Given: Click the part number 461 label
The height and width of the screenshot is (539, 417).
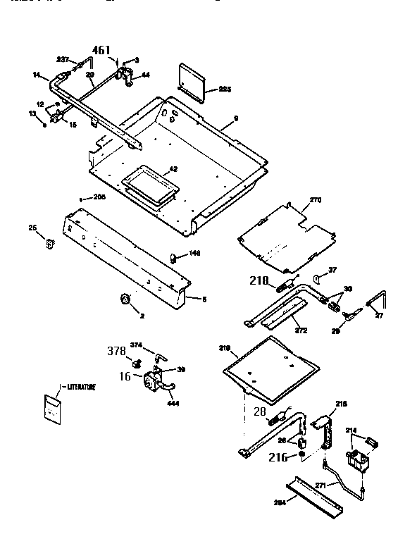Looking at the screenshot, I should point(102,49).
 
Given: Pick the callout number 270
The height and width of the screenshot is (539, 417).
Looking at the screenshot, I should point(315,200).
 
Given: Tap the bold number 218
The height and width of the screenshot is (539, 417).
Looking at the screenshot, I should point(259,280).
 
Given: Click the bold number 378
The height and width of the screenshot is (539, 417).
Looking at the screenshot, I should point(117,350).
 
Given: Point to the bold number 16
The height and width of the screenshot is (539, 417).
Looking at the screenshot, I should point(125,376).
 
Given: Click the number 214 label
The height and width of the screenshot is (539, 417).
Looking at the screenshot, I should point(350,428).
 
